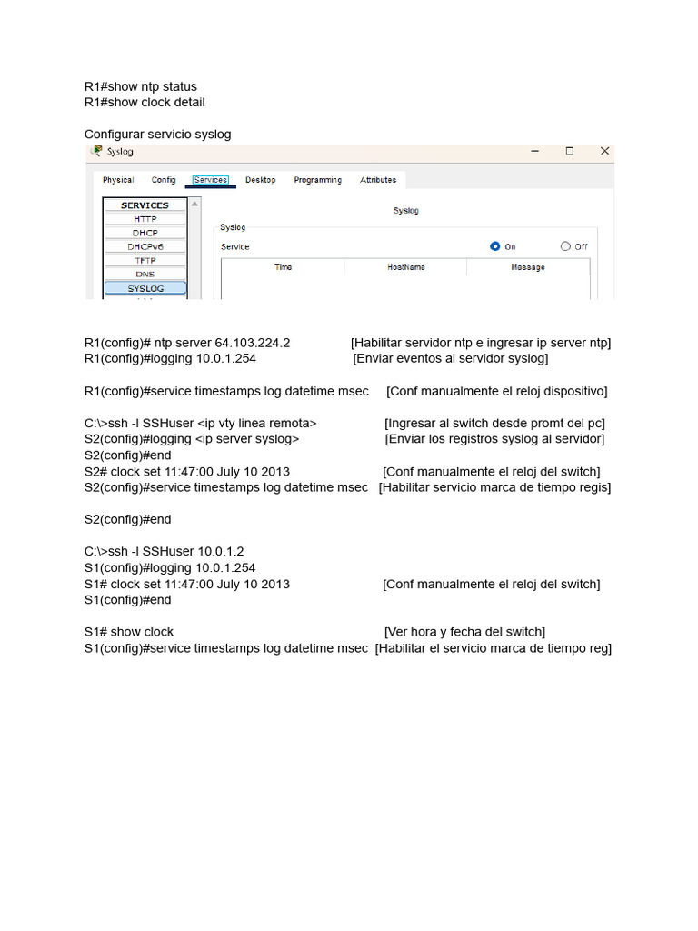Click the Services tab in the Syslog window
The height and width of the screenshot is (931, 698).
coord(211,180)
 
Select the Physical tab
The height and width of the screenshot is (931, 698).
coord(118,180)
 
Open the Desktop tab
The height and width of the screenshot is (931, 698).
coord(260,180)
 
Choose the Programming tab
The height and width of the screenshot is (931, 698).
coord(317,180)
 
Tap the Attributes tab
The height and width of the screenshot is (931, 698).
coord(378,180)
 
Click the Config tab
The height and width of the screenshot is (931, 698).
coord(164,180)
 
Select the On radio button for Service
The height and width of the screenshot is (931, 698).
coord(495,246)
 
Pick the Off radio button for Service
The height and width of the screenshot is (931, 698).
coord(565,246)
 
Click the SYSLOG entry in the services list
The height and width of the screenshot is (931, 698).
coord(145,288)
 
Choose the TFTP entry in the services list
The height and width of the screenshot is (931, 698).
coord(145,260)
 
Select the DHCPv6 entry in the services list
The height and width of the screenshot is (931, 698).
coord(145,246)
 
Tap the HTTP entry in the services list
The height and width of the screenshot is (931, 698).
coord(145,219)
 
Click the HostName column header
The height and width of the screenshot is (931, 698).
coord(405,267)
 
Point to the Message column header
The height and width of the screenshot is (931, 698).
coord(528,267)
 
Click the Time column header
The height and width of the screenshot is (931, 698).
coord(284,267)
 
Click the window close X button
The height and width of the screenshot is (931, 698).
coord(604,152)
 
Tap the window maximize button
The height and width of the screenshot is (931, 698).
coord(570,152)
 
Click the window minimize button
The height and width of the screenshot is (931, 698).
coord(534,152)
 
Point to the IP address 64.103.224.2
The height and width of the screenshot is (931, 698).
coord(253,343)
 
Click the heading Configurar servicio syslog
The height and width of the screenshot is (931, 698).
coord(158,135)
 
